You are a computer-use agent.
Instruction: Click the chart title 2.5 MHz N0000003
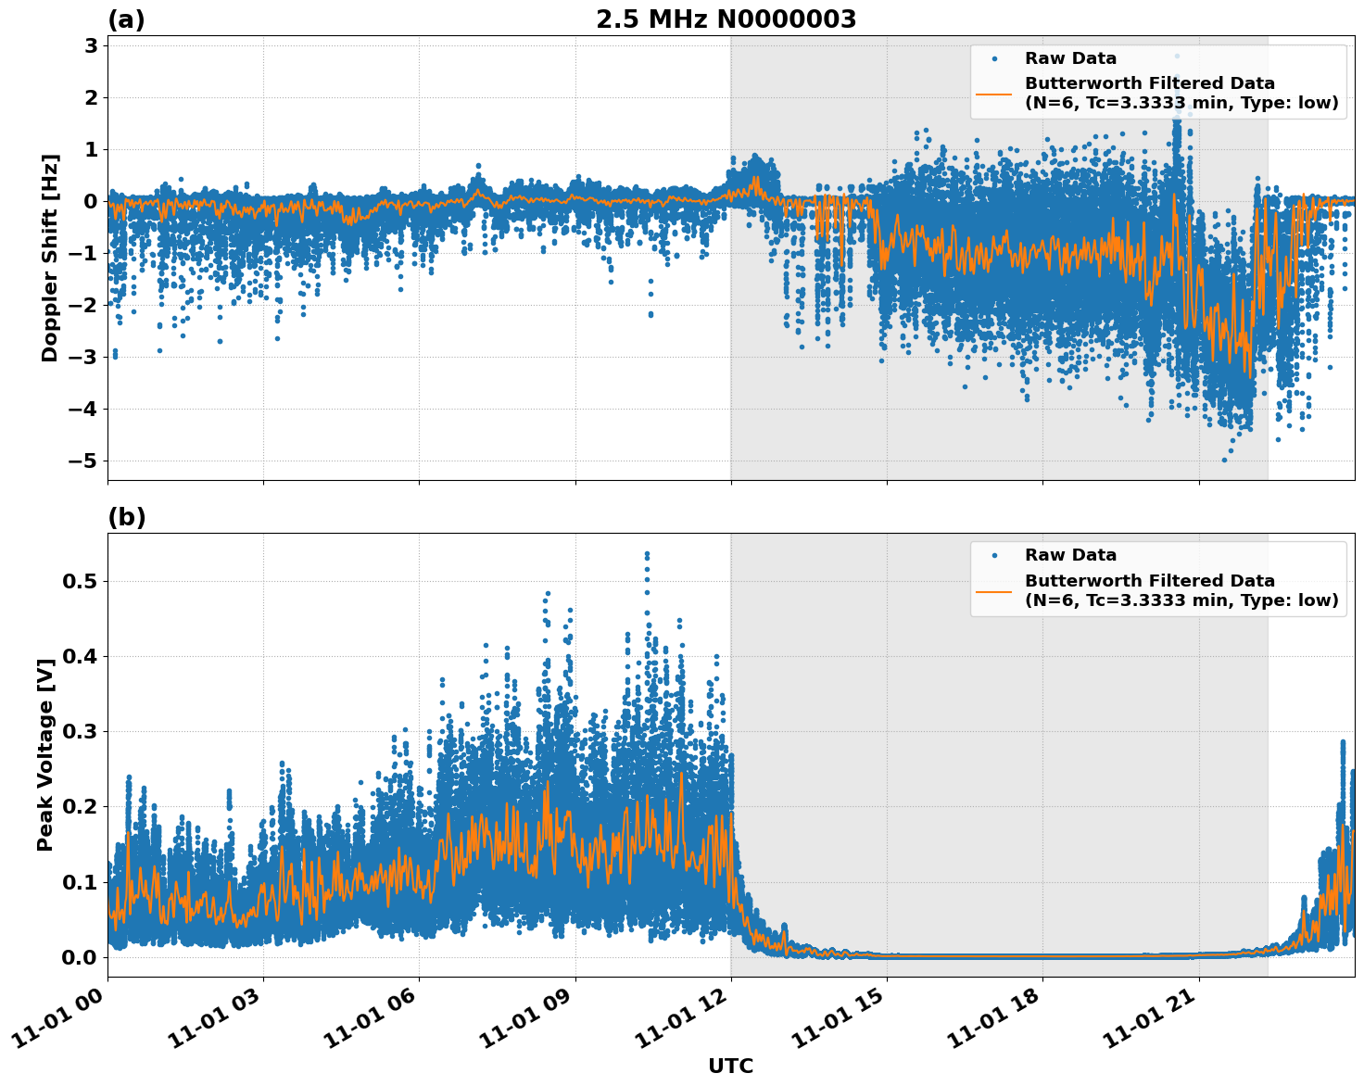click(x=726, y=19)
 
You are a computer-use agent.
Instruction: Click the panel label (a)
click(x=126, y=19)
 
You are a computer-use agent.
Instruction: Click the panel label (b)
click(x=126, y=517)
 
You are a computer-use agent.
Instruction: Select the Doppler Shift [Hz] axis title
click(x=50, y=258)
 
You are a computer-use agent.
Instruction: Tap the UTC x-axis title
click(x=730, y=1066)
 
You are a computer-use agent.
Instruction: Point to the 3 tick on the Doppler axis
click(x=91, y=45)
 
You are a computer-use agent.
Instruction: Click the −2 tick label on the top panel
click(x=82, y=305)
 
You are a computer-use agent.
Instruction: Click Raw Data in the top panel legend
click(x=1070, y=58)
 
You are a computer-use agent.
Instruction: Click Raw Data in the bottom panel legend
click(x=1070, y=555)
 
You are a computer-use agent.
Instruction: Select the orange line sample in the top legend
click(x=993, y=93)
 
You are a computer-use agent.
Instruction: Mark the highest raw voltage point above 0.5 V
click(x=647, y=554)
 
